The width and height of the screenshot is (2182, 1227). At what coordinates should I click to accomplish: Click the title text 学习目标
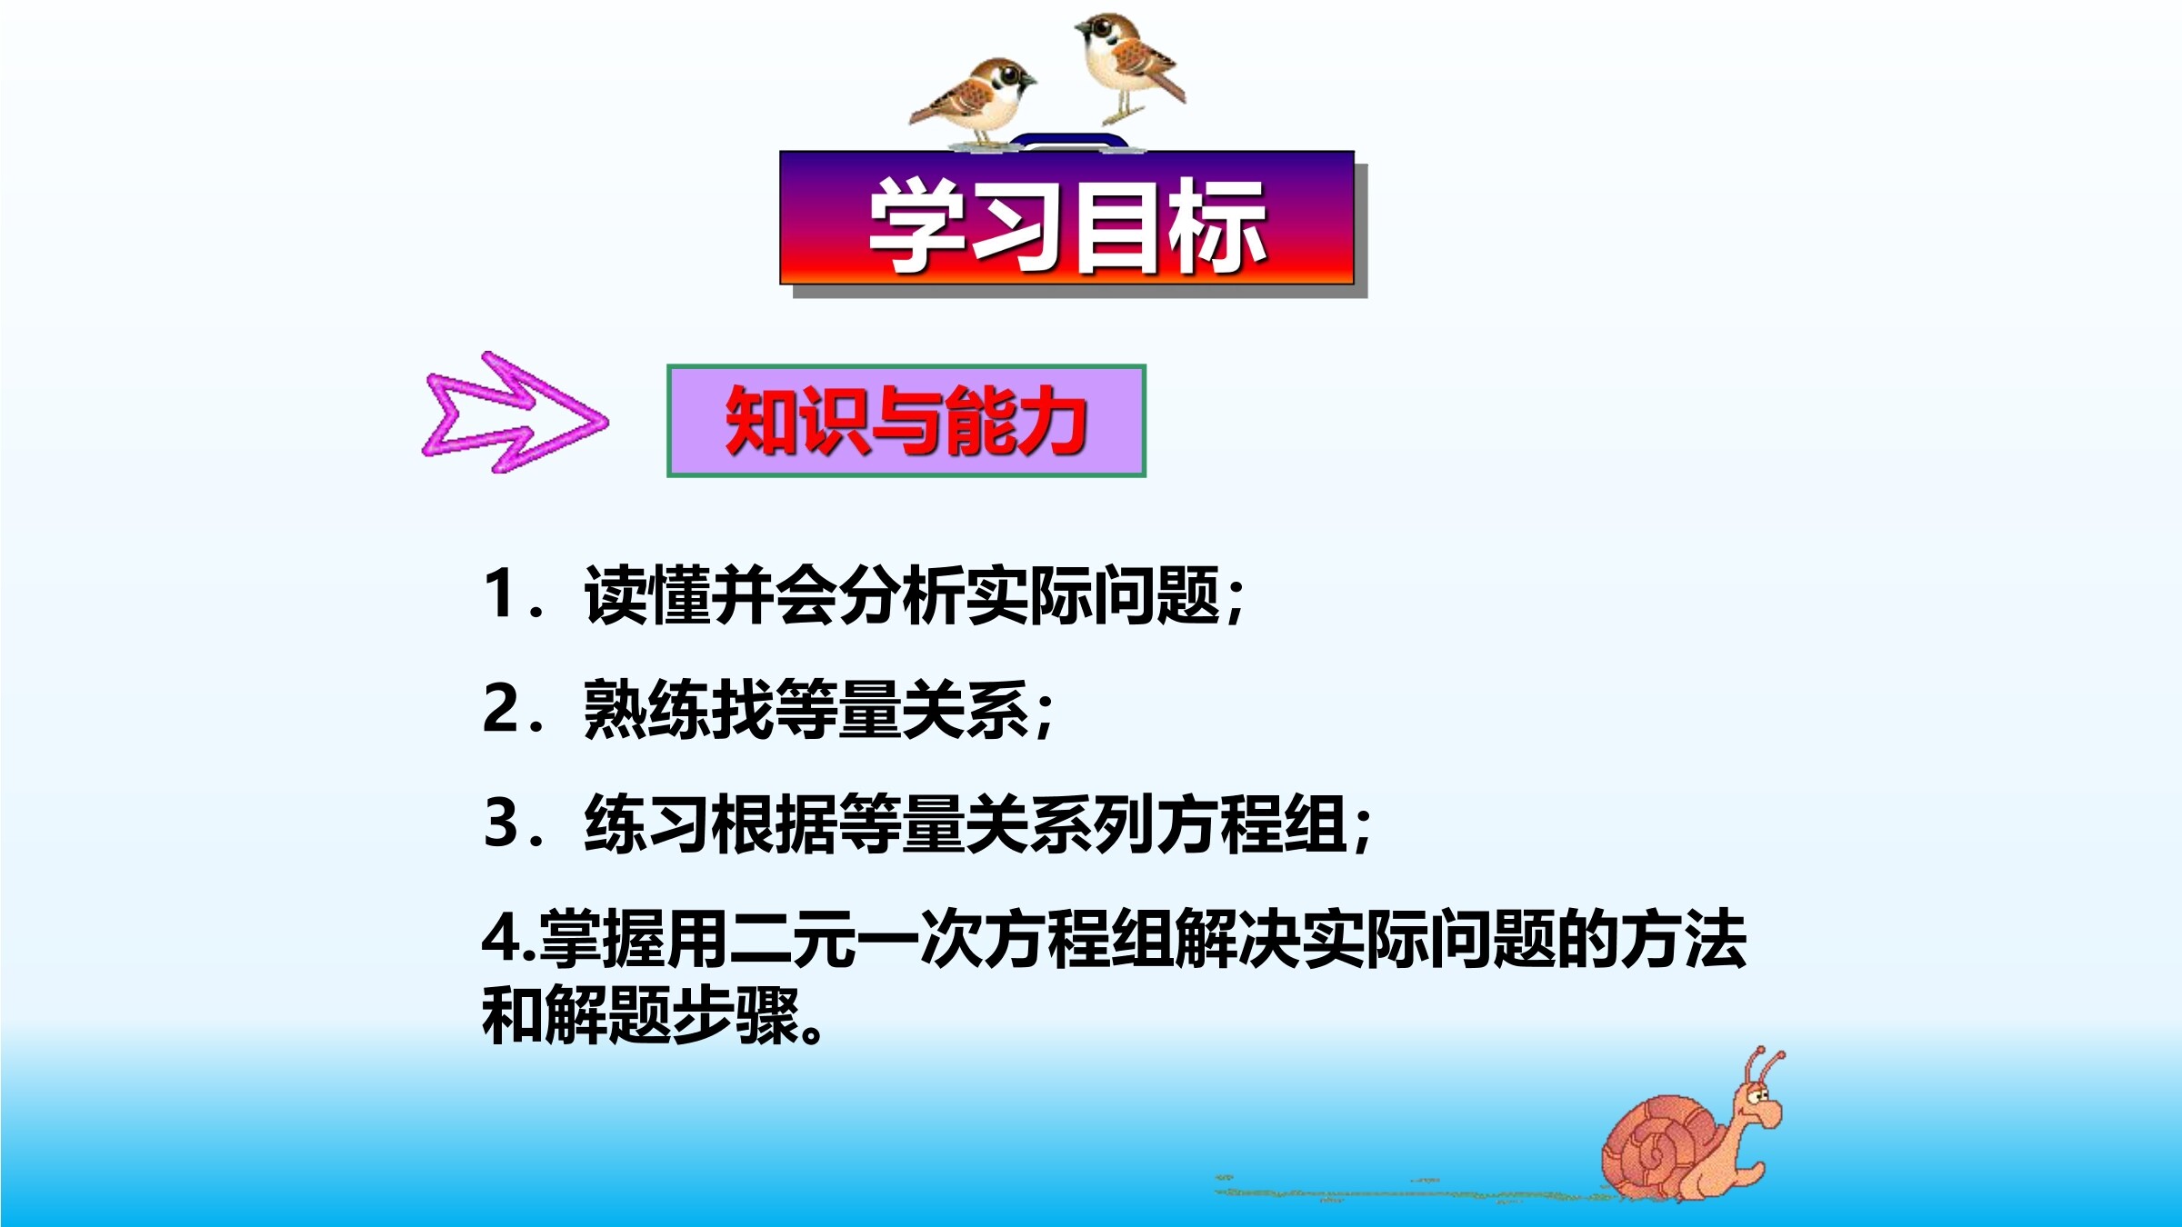pyautogui.click(x=1068, y=225)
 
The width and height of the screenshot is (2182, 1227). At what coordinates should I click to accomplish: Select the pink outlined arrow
pyautogui.click(x=514, y=414)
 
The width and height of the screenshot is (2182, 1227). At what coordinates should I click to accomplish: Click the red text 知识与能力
pyautogui.click(x=906, y=421)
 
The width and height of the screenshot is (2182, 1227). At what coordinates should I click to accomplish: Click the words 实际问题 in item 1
pyautogui.click(x=1093, y=594)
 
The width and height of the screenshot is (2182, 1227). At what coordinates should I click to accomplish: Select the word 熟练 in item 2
pyautogui.click(x=646, y=709)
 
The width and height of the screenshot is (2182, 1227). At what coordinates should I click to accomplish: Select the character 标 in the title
pyautogui.click(x=1218, y=225)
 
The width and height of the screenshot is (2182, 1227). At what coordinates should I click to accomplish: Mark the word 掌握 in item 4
pyautogui.click(x=602, y=939)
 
